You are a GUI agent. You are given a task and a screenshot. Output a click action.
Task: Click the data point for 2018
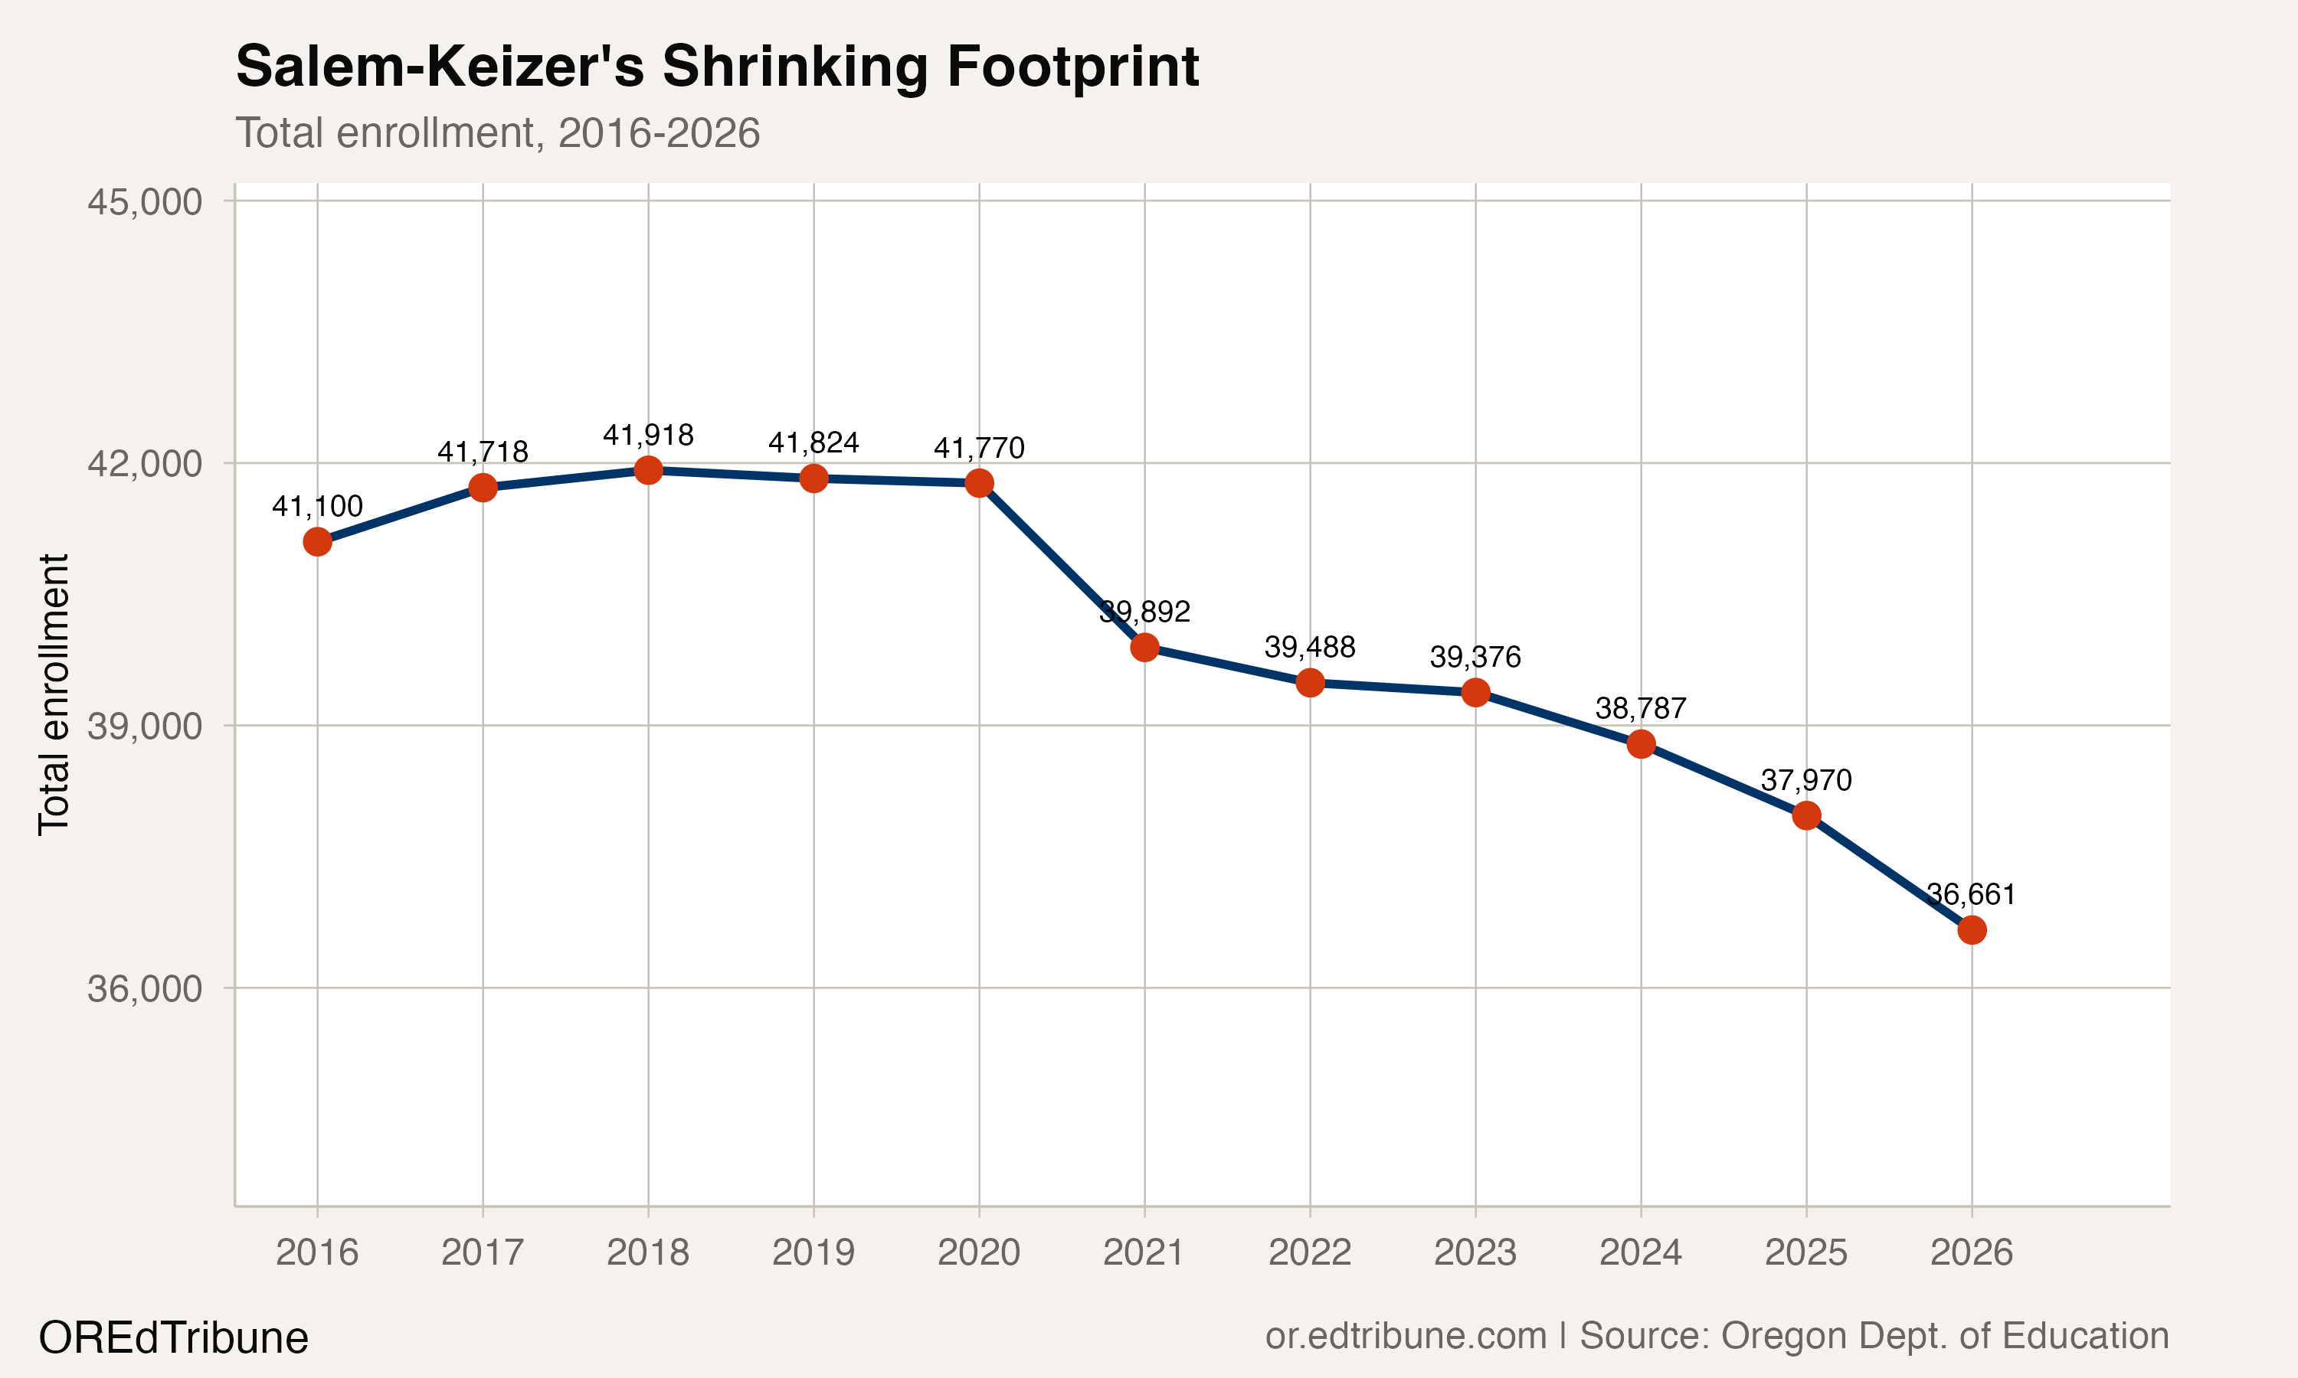click(x=647, y=470)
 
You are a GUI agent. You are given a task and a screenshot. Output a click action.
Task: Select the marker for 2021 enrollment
click(x=1144, y=647)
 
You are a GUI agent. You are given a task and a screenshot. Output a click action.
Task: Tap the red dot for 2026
click(x=1971, y=929)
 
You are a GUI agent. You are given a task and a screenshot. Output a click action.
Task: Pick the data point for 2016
click(x=318, y=541)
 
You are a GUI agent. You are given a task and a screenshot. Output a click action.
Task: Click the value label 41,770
click(x=979, y=449)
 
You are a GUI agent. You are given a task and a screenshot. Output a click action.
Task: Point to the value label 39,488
click(x=1310, y=647)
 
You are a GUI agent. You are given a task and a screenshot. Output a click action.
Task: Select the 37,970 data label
click(x=1805, y=780)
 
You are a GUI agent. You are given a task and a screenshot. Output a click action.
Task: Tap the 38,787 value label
click(x=1640, y=708)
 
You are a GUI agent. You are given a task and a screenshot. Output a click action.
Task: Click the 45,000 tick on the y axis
click(x=144, y=201)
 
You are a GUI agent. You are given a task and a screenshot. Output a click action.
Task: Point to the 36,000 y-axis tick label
click(x=144, y=989)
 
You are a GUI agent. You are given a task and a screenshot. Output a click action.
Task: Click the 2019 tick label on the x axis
click(x=813, y=1252)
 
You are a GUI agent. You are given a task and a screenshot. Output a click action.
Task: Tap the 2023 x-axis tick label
click(x=1475, y=1252)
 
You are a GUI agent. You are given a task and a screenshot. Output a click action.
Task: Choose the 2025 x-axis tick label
click(x=1805, y=1252)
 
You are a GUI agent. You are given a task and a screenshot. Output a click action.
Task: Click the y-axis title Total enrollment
click(x=54, y=694)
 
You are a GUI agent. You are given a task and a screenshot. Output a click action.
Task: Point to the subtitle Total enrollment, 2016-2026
click(x=497, y=132)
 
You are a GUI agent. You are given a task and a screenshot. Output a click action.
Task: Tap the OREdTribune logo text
click(x=174, y=1338)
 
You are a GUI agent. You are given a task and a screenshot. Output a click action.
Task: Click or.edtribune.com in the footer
click(x=1406, y=1336)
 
